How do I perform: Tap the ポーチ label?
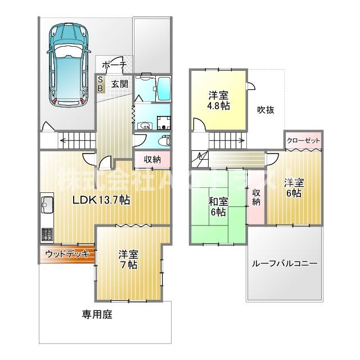115,65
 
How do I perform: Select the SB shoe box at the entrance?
101,84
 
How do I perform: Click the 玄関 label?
119,84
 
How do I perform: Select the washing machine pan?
164,123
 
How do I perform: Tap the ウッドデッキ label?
67,254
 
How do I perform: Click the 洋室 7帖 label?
128,259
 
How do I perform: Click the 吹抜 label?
265,110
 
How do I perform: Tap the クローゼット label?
303,141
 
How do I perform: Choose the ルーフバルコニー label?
284,263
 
